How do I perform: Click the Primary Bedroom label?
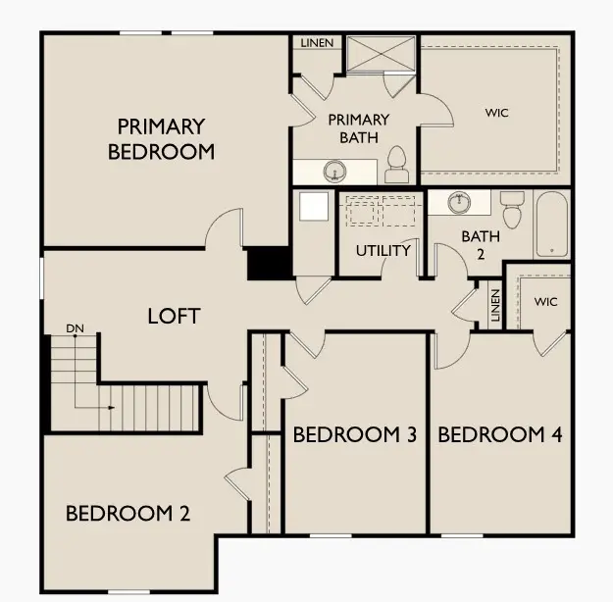tap(161, 139)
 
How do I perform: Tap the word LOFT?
tap(174, 316)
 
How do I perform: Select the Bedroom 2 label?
tap(128, 513)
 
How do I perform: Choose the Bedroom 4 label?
tap(499, 434)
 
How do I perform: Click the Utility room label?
tap(383, 251)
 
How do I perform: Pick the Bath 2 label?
tap(481, 243)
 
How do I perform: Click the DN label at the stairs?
tap(75, 326)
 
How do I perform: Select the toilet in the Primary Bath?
tap(396, 166)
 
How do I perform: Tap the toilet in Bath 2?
tap(511, 209)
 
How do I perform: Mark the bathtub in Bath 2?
tap(552, 225)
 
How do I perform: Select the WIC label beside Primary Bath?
tap(497, 112)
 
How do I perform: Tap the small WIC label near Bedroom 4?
tap(546, 302)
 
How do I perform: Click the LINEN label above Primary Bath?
tap(317, 43)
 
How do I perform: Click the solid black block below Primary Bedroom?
tap(266, 264)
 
